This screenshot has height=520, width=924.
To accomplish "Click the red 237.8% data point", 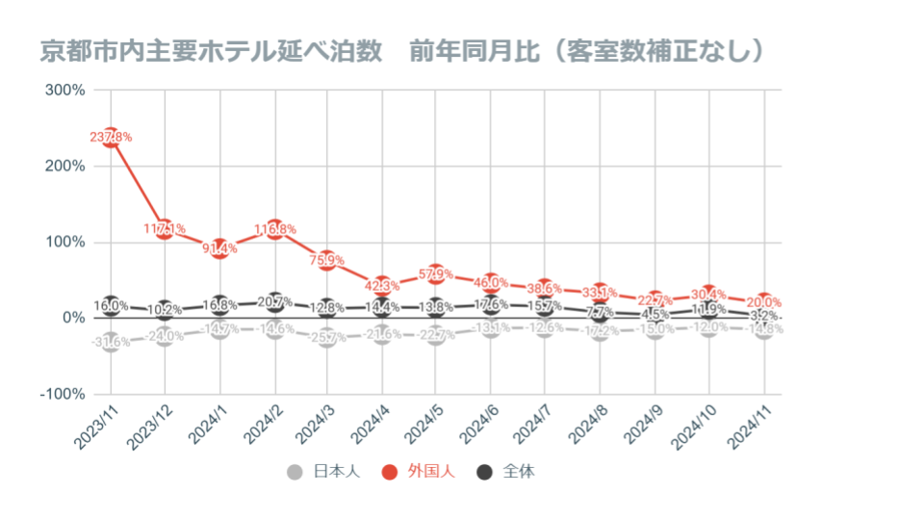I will coord(111,137).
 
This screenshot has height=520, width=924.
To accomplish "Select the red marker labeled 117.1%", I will coord(165,228).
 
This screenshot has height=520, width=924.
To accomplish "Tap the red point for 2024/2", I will coord(275,229).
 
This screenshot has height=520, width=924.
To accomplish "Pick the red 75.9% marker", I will coord(327,260).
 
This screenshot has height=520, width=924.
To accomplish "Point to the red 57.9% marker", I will coord(436,273).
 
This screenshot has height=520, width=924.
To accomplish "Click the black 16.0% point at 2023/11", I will coord(111,305).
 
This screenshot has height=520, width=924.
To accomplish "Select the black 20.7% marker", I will coord(275,302).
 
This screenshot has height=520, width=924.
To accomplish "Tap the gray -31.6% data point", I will coord(111,342).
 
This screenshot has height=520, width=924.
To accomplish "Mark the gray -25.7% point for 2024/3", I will coord(327,337).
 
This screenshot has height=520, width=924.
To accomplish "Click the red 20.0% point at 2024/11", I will coord(765,302).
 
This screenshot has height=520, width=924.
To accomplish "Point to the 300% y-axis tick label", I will coord(65,90).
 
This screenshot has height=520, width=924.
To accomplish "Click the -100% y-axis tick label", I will coord(64,394).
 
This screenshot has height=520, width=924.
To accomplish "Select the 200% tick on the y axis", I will coord(65,166).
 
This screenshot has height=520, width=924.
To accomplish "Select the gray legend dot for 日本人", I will coord(295,472).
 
